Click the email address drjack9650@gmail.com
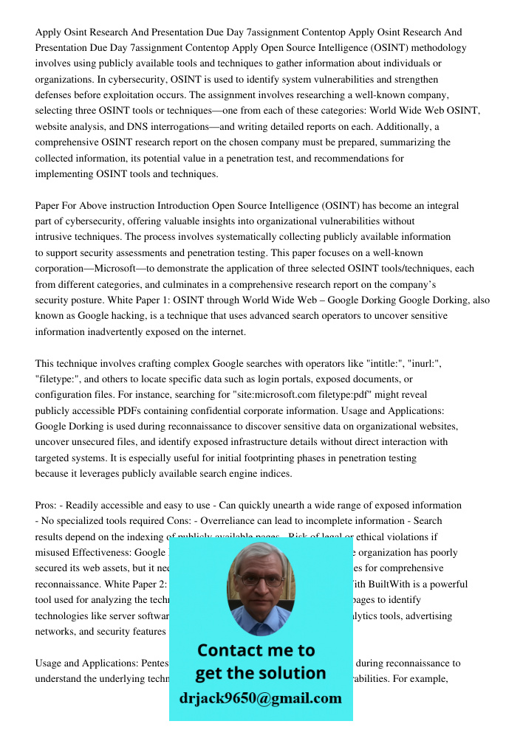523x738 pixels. coord(260,698)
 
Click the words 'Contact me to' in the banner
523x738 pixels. coord(256,650)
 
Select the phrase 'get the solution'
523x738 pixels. coord(260,673)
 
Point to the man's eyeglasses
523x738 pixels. coord(259,581)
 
